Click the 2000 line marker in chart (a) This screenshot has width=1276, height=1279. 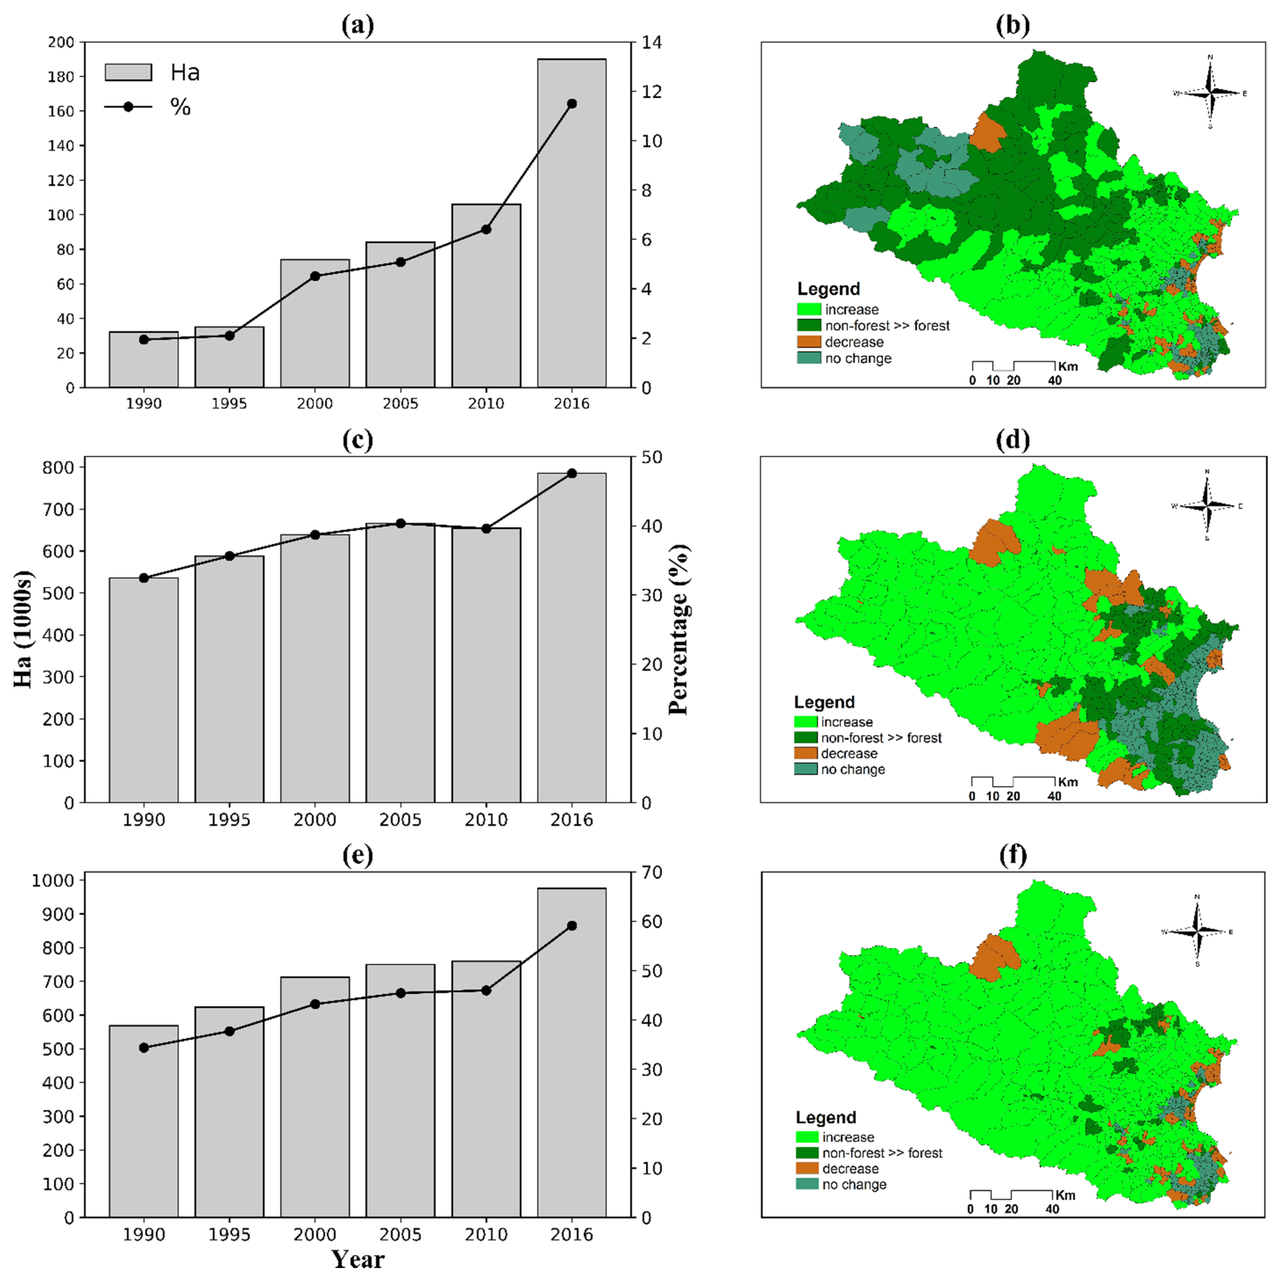315,276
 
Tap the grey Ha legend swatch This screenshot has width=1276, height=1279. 128,72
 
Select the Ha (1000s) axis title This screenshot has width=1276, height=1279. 23,629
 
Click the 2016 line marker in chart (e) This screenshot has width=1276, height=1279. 572,926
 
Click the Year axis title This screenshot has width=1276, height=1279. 357,1259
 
